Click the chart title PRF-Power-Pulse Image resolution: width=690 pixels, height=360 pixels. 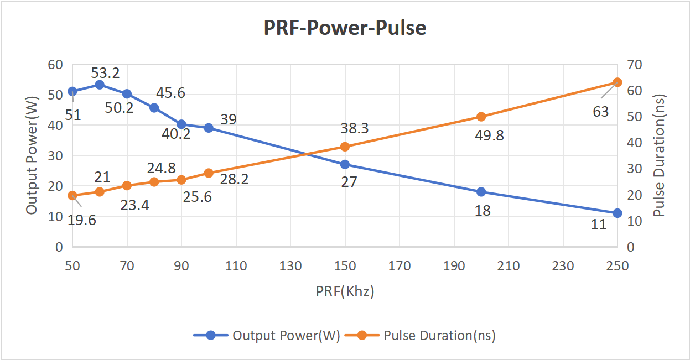coord(345,27)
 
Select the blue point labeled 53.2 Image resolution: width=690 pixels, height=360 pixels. coord(100,85)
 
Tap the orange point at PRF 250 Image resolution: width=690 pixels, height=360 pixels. coord(618,82)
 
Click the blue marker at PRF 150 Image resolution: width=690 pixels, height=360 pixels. coord(345,164)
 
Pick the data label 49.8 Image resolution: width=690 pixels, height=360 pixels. coord(489,135)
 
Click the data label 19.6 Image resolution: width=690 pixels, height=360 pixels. coord(82,220)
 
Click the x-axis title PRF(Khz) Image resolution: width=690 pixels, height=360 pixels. coord(345,291)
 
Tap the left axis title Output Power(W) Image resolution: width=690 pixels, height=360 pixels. coord(32,155)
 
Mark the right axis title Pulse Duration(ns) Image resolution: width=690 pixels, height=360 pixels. coord(658,155)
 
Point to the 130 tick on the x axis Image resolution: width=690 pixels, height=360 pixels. coord(290,265)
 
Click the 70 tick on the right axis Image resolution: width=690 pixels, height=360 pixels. coord(635,64)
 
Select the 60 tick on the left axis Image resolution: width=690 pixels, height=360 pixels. coord(55,64)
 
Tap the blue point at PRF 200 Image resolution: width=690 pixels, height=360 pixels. coord(481,192)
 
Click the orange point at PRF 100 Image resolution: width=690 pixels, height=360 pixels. coord(209,173)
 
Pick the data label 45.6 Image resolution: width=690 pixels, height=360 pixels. coord(170,93)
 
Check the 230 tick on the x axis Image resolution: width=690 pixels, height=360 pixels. coord(563,265)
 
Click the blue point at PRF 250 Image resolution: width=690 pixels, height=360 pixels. coord(618,213)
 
